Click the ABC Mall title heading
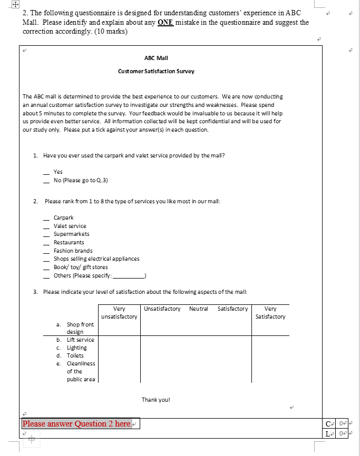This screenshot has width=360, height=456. coord(156,58)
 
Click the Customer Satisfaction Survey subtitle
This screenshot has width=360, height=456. coord(156,71)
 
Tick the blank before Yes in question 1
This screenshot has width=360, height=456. coord(46,172)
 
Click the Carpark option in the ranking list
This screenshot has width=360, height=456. coord(63,217)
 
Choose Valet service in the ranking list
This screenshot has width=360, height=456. coord(70,226)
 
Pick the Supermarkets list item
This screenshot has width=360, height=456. coord(71,234)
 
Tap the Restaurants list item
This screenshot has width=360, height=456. coord(69,242)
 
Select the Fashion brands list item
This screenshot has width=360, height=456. coord(73,251)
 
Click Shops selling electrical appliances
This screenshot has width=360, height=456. coord(96,259)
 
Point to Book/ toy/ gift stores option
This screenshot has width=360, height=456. coord(80,267)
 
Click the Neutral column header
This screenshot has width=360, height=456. coord(198,309)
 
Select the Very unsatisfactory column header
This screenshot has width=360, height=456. coord(119,313)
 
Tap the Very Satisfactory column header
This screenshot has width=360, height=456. coord(270,313)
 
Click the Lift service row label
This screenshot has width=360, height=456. coord(80,340)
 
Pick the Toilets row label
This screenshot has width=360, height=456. coord(75,355)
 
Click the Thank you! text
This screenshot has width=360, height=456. coord(156,400)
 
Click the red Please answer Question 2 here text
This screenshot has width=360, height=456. coord(77,424)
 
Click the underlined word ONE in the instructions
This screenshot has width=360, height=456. coord(166,23)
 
